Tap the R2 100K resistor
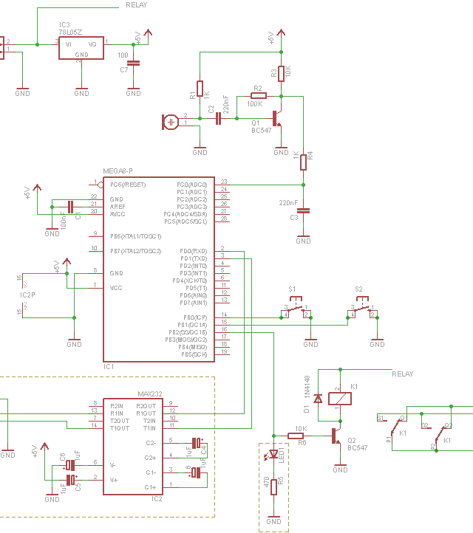coord(258,96)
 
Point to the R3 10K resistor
coord(281,73)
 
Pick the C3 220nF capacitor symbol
coord(303,210)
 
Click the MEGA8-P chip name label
coord(118,171)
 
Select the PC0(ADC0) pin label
coord(191,185)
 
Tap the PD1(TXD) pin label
coord(194,258)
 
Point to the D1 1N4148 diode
coord(318,399)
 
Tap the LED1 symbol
coord(273,454)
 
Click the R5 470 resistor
coord(273,486)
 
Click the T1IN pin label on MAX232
coord(149,428)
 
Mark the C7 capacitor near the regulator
coord(133,63)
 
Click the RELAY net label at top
coord(136,5)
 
